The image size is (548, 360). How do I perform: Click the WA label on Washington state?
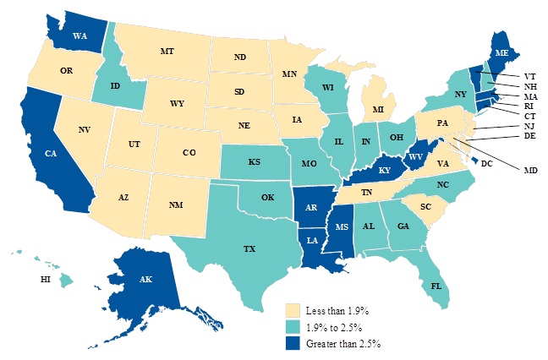click(80, 36)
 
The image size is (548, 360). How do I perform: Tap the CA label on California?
click(50, 155)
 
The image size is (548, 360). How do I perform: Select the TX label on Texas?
click(249, 249)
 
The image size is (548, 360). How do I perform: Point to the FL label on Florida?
click(436, 286)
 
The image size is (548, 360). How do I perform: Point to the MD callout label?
click(530, 170)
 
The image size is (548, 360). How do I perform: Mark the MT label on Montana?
click(167, 52)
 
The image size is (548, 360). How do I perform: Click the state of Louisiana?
click(312, 241)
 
